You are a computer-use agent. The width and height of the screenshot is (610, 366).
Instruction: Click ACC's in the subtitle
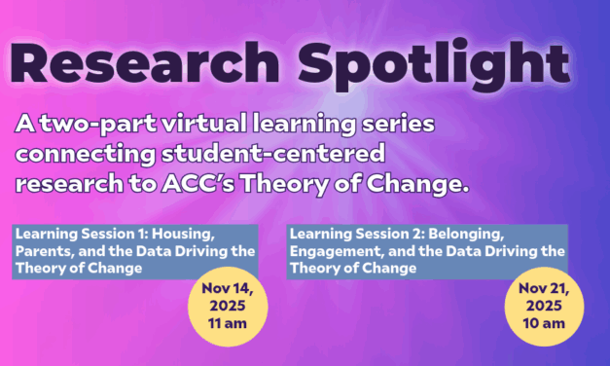tap(232, 182)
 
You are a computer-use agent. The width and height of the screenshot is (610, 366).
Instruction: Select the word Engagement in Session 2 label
tap(336, 251)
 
